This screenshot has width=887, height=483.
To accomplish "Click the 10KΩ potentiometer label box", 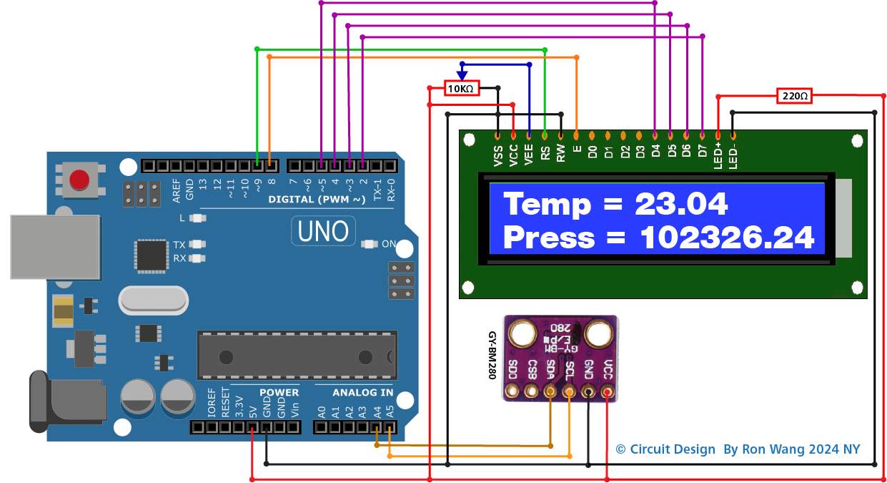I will tap(460, 89).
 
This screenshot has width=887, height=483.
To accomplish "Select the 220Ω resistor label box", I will tap(794, 95).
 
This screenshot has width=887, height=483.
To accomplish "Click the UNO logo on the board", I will tap(323, 231).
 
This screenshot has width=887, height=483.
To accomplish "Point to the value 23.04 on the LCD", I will tap(681, 204).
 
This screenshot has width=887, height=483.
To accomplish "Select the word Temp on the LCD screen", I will tap(547, 204).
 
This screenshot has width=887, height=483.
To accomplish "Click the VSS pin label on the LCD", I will tap(498, 155).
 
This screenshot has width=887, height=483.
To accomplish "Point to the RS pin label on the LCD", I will tap(545, 153).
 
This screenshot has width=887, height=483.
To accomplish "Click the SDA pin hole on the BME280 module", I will tap(550, 391).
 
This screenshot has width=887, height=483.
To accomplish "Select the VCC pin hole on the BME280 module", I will tap(608, 391).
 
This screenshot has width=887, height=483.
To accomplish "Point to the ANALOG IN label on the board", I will tap(362, 392).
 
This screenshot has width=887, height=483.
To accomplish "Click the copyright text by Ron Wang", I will tap(738, 449).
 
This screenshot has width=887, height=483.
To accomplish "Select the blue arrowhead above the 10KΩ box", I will tap(462, 74).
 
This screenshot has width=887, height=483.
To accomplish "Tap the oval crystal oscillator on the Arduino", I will tap(153, 301).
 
